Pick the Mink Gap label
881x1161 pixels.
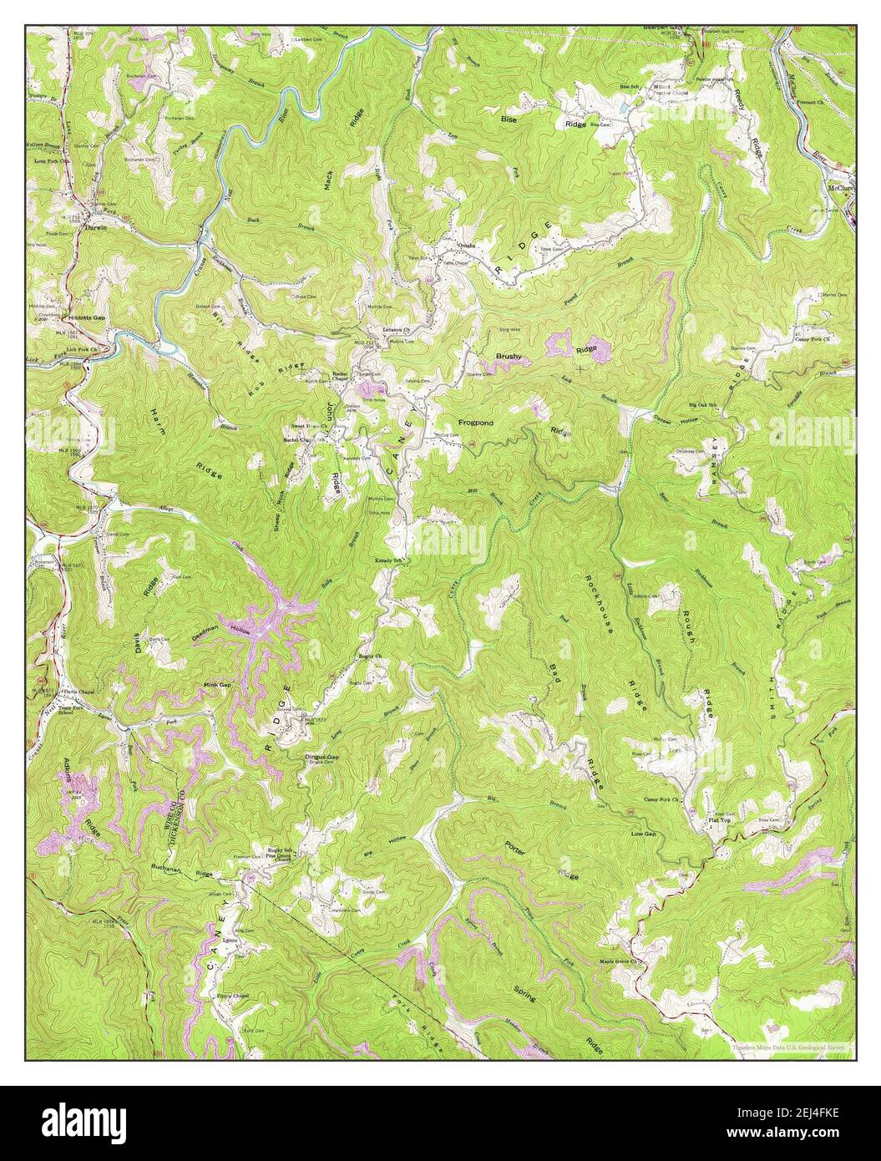coord(216,685)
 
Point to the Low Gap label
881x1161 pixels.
coord(643,834)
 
